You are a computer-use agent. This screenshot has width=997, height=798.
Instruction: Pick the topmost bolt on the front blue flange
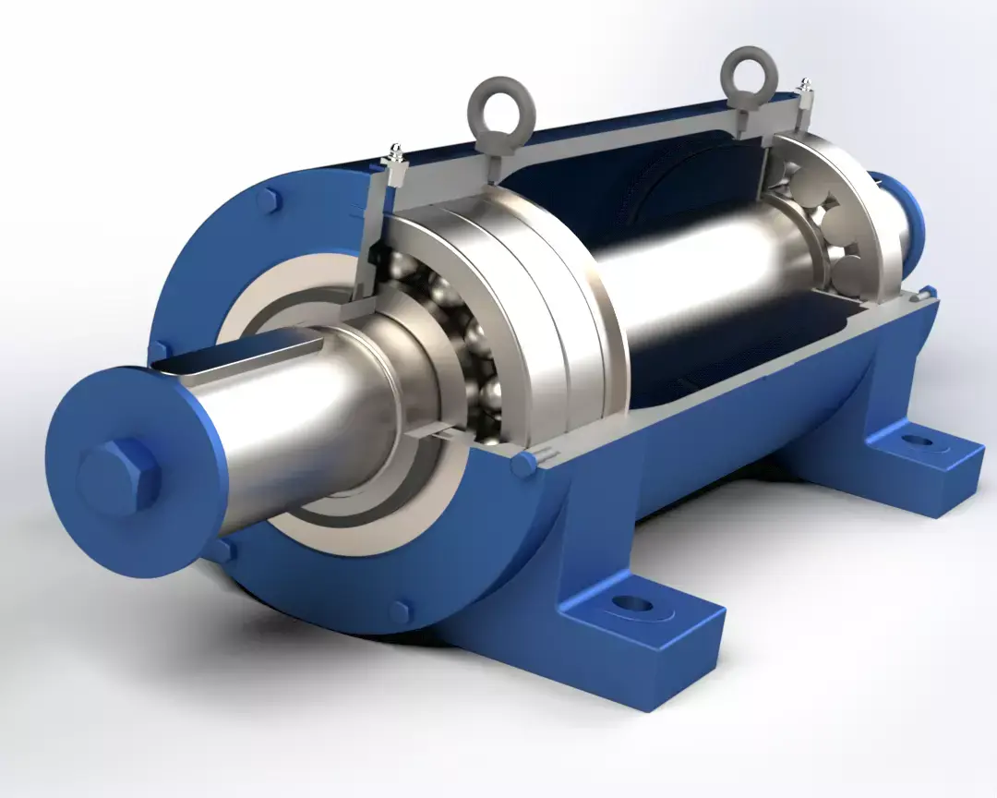coord(269,200)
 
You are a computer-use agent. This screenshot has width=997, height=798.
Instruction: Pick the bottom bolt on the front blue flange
coord(399,611)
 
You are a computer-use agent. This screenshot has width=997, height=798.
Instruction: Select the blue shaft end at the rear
coord(909,208)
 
